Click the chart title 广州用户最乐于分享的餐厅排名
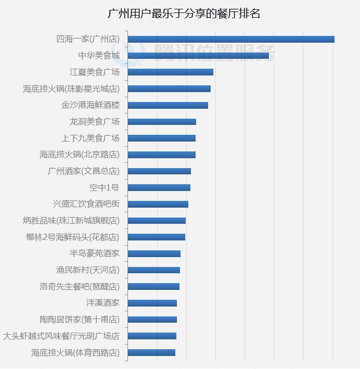pos(184,14)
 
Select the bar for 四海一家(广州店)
pos(230,39)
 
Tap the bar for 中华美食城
pos(198,56)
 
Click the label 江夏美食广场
pos(95,72)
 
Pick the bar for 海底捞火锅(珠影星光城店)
pos(169,88)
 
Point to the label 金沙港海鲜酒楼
pos(91,105)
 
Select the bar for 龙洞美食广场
pos(161,122)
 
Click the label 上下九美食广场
pos(91,138)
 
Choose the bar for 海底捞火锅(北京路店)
pos(161,155)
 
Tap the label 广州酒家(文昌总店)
pos(83,171)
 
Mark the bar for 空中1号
pos(159,187)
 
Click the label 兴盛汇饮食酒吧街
pos(86,204)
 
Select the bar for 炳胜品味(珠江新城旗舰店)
pos(156,221)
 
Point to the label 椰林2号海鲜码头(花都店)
pos(72,237)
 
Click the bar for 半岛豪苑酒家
pos(153,253)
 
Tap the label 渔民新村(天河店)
pos(87,270)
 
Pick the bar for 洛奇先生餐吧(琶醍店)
pos(153,286)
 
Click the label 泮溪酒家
pos(103,303)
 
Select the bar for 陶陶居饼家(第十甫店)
pos(152,320)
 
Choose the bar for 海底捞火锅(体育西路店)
pos(151,352)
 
